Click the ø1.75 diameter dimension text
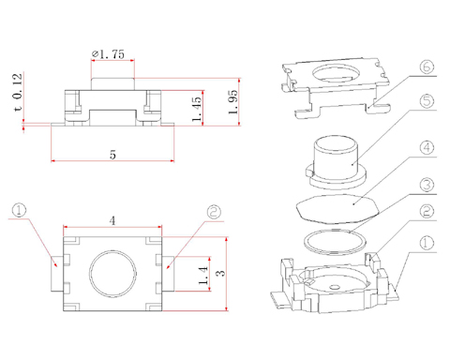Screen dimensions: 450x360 coord(108,54)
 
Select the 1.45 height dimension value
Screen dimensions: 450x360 coord(197,109)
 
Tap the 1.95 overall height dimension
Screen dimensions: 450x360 coord(232,102)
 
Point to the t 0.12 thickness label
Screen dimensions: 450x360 coord(18,92)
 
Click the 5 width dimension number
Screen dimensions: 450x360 coord(112,155)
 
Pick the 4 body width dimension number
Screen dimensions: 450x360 coord(112,221)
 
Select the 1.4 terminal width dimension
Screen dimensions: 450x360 coord(203,276)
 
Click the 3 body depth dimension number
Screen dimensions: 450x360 coord(221,273)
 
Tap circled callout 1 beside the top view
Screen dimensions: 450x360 coord(19,210)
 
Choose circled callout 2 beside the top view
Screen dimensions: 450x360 coord(214,212)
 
